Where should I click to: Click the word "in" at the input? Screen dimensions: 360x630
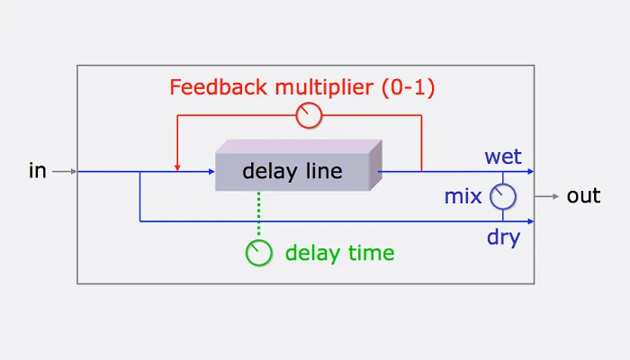click(x=37, y=170)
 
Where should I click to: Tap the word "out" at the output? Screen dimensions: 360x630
click(x=583, y=195)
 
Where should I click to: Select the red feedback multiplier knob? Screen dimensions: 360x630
click(x=309, y=114)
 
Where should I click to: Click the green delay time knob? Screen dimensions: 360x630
click(x=258, y=253)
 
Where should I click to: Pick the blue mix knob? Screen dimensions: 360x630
click(x=502, y=195)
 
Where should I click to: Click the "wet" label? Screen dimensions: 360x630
click(x=503, y=157)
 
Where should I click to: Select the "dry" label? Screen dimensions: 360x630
click(x=503, y=238)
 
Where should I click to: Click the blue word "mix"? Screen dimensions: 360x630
click(x=463, y=195)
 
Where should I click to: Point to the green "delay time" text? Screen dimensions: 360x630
click(x=339, y=253)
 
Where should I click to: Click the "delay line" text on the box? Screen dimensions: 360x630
click(x=292, y=171)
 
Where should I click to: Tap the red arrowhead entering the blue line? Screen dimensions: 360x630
click(x=177, y=166)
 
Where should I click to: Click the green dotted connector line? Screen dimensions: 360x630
click(x=258, y=216)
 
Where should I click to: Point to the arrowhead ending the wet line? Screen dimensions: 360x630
click(x=532, y=170)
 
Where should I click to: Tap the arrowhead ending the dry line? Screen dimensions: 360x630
click(x=532, y=220)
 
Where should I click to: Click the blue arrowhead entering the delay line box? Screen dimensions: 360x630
click(x=211, y=170)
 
